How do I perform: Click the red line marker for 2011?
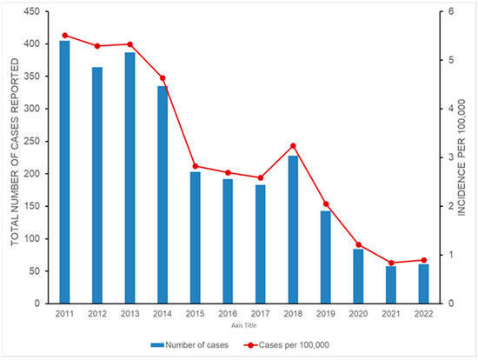(65, 36)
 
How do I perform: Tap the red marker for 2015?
(196, 166)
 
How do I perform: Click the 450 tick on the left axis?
(37, 11)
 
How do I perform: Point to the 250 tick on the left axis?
(37, 141)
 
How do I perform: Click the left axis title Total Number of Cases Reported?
(15, 157)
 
